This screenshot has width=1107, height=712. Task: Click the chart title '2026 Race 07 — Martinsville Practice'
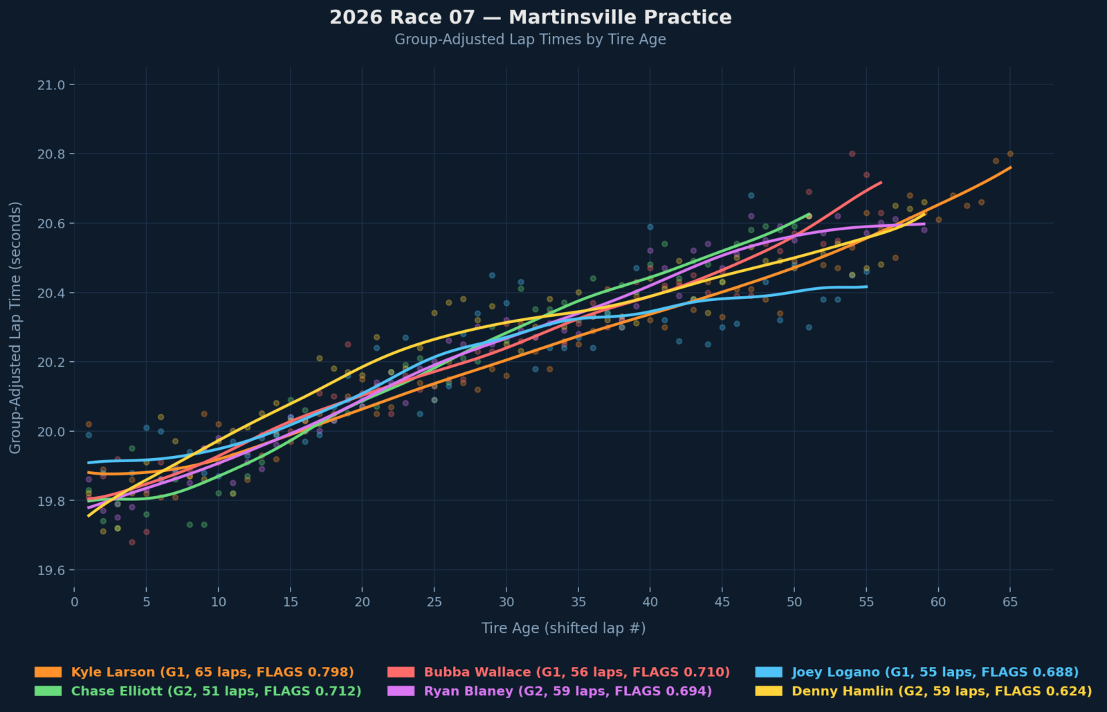tap(530, 17)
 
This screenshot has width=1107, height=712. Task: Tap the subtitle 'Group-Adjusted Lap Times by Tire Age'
tap(530, 39)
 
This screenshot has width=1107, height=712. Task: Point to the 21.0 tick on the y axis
tap(51, 85)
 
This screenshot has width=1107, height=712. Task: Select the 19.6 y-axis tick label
tap(51, 570)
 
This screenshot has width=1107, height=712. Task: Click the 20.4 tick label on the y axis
tap(51, 293)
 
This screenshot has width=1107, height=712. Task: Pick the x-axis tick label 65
tap(1010, 602)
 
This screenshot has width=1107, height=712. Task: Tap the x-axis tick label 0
tap(75, 602)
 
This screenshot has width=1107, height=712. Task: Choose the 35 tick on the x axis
tap(578, 602)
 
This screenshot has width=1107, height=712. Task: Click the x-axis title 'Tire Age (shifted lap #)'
tap(563, 628)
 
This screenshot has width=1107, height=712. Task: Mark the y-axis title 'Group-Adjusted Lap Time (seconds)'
tap(15, 327)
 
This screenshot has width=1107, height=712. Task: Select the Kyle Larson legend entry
tap(212, 672)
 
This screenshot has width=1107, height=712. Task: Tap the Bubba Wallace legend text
tap(576, 672)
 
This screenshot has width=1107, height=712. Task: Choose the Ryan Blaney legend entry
tap(567, 691)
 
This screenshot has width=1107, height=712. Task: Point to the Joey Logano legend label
tap(935, 672)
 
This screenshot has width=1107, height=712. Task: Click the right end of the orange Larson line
tap(1011, 167)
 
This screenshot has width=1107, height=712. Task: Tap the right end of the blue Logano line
tap(866, 286)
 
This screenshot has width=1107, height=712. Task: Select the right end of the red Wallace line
tap(881, 183)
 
